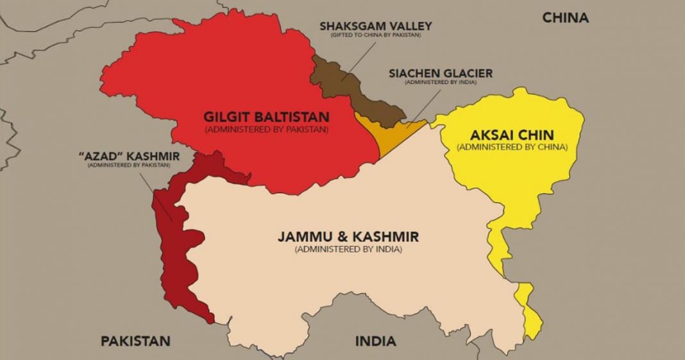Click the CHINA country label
point(565,18)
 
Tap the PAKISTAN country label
point(135,340)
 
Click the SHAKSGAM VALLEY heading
point(375,26)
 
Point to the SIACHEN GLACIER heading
point(440,73)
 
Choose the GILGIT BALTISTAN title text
point(266,117)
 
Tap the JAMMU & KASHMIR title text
point(348,236)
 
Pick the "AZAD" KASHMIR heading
point(130,157)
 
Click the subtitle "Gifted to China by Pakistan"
point(375,35)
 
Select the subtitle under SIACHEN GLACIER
point(440,82)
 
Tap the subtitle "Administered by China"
point(512,147)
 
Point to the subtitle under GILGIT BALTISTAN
point(266,129)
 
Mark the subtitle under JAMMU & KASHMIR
point(348,249)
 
